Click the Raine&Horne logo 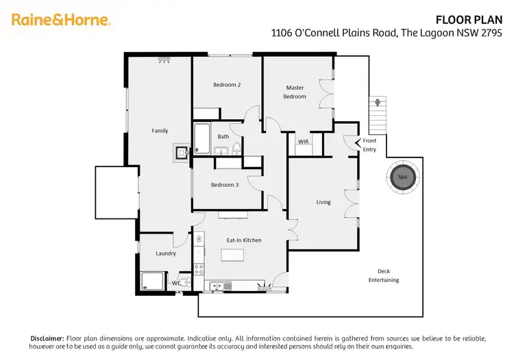pyautogui.click(x=61, y=19)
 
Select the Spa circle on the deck pyautogui.click(x=402, y=177)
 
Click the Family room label pyautogui.click(x=160, y=131)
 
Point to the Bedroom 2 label pyautogui.click(x=226, y=85)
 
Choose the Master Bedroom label pyautogui.click(x=295, y=92)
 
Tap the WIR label pyautogui.click(x=304, y=142)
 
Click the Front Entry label pyautogui.click(x=369, y=145)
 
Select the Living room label pyautogui.click(x=323, y=202)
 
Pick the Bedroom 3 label pyautogui.click(x=224, y=185)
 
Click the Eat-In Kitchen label pyautogui.click(x=244, y=240)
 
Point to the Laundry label pyautogui.click(x=166, y=253)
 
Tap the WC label pyautogui.click(x=176, y=283)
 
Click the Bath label pyautogui.click(x=223, y=137)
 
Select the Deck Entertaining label pyautogui.click(x=383, y=275)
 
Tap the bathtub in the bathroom pyautogui.click(x=202, y=138)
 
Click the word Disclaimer pyautogui.click(x=47, y=338)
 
